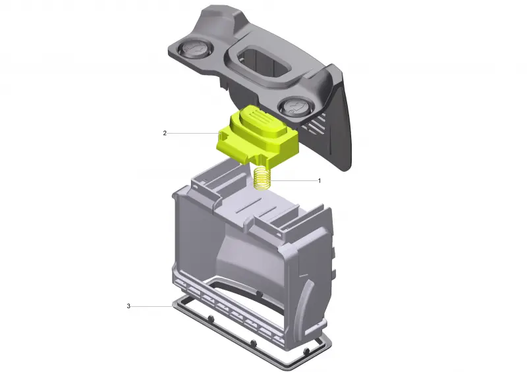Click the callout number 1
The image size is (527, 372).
point(319,181)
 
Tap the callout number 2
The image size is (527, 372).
point(165,134)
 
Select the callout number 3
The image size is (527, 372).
point(128,306)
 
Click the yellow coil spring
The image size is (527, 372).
point(262,179)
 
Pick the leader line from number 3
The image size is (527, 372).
point(152,306)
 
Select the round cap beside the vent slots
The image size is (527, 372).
point(294,107)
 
